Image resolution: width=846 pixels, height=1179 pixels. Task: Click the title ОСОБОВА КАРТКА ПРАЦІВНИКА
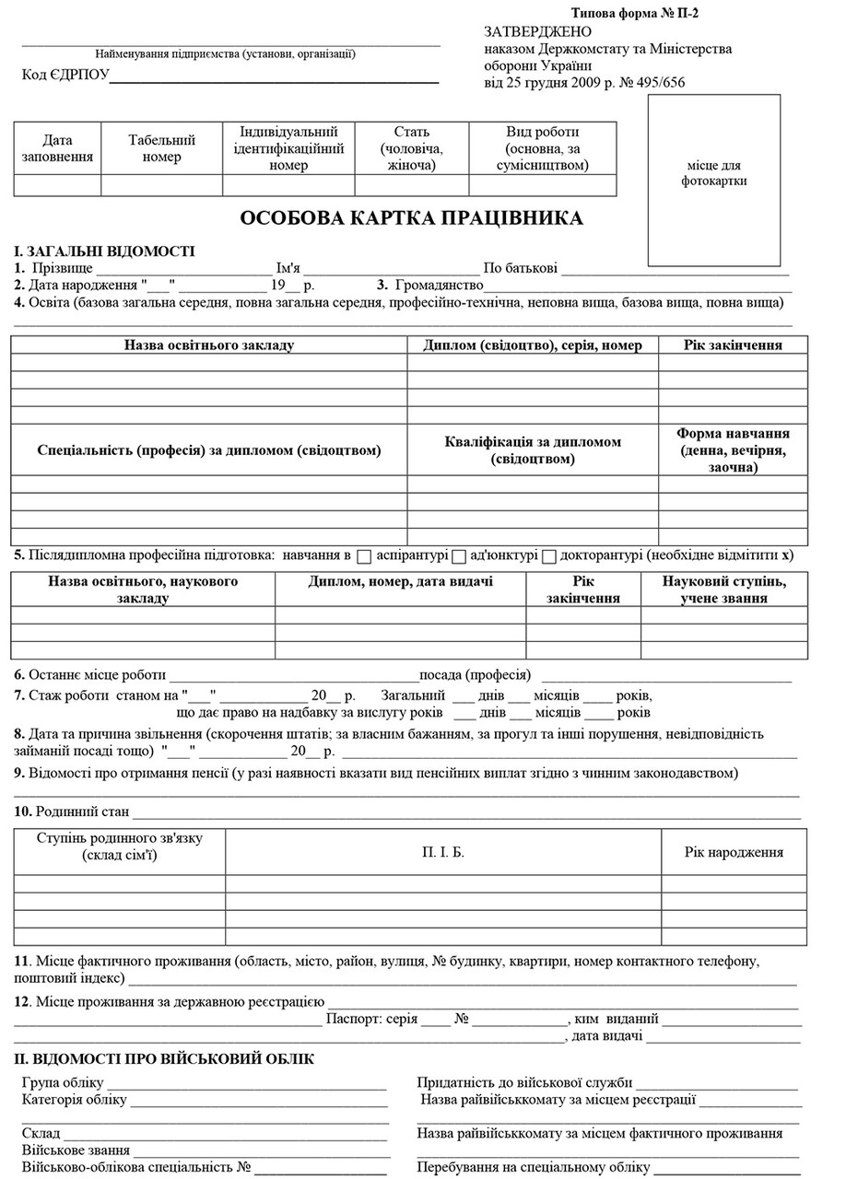(411, 218)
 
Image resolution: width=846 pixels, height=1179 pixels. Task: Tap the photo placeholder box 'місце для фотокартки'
(713, 180)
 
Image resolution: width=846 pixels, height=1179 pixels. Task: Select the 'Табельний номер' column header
(161, 148)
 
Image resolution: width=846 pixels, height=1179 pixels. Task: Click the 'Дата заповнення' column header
(57, 148)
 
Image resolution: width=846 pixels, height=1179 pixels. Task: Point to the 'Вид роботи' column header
(542, 148)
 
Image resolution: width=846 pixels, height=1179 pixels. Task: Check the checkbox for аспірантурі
(364, 556)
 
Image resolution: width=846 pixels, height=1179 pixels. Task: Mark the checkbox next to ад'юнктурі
(459, 556)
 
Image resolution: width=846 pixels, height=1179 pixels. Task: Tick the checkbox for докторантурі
(549, 556)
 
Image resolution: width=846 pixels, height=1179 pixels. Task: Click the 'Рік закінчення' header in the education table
(733, 345)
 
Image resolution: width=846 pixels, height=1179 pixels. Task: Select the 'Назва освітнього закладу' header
(209, 345)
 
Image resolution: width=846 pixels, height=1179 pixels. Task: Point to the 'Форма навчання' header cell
(733, 449)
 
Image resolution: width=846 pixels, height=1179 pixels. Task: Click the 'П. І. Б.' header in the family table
(443, 852)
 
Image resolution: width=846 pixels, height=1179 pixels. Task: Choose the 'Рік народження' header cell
(734, 852)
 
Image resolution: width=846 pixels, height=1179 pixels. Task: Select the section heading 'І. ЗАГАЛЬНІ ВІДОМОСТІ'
(104, 251)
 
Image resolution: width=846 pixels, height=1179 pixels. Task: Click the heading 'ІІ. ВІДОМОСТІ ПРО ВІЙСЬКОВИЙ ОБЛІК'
(164, 1059)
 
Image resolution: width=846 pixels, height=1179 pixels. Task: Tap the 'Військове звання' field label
(71, 1150)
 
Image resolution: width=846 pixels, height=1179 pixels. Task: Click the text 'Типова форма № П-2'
(641, 13)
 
